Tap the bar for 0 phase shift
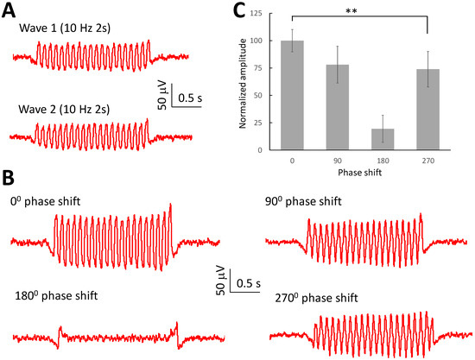293,95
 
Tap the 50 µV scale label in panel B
222,281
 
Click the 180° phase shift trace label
56,295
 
